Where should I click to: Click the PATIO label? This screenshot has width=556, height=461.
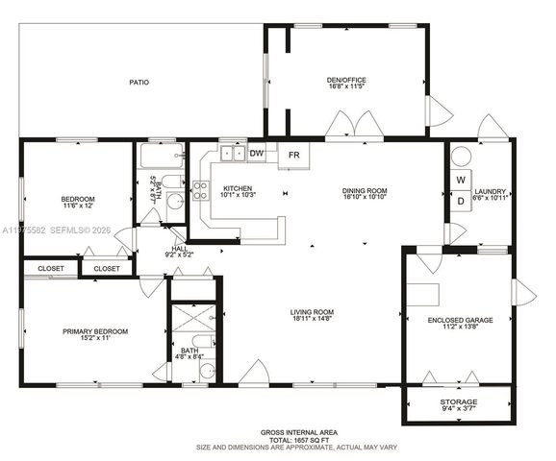click(x=139, y=83)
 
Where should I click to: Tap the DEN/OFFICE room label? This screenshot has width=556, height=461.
click(x=346, y=80)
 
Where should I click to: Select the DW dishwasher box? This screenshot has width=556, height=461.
click(x=257, y=153)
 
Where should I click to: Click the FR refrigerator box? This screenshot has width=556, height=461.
click(x=294, y=155)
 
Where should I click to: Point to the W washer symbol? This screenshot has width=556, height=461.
click(x=461, y=180)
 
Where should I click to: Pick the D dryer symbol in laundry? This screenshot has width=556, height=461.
click(x=461, y=201)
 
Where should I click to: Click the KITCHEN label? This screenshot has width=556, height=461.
click(x=238, y=188)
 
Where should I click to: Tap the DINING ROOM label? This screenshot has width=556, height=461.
click(x=364, y=190)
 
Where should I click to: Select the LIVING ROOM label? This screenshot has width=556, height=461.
click(x=313, y=312)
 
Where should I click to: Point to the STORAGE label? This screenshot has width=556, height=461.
click(x=458, y=402)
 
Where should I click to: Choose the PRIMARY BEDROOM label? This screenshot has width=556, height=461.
click(x=95, y=331)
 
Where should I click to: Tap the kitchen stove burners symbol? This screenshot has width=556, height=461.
click(x=200, y=190)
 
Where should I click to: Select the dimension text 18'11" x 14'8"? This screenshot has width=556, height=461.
click(x=313, y=320)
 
